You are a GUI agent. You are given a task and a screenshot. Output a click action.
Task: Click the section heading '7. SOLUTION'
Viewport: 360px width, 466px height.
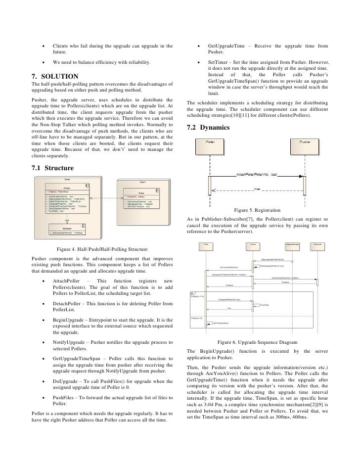[55, 76]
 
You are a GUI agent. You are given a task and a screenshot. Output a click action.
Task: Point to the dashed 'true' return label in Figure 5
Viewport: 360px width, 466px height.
[257, 189]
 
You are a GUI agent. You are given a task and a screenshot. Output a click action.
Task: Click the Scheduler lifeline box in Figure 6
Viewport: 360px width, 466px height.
[317, 244]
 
